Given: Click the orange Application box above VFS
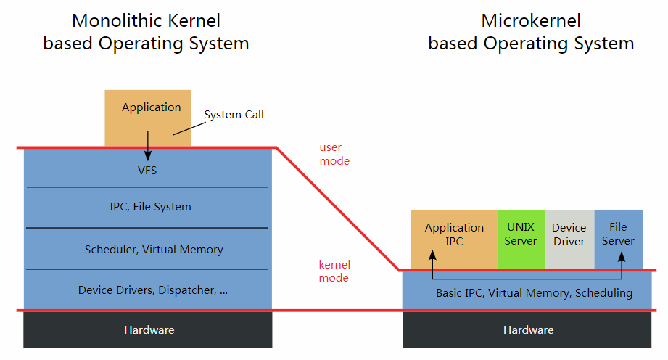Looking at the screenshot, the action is coord(148,118).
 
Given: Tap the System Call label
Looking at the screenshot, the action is coord(234,114).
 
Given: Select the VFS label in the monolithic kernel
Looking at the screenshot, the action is coord(147,170).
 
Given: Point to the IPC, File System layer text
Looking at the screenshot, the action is coord(150,206).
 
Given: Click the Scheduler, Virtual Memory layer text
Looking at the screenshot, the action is coord(154,249).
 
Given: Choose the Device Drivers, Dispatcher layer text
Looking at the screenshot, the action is coord(153,290).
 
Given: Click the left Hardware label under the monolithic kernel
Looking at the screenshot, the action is coord(149,330).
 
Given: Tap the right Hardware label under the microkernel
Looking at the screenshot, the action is coord(528,330).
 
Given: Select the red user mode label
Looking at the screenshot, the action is coord(334,154).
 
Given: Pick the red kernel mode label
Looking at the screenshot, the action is coord(334,271).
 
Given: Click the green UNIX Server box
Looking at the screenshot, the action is coord(521,240).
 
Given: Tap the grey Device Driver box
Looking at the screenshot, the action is coord(569,240).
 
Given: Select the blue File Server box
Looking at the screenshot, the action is coord(618,240).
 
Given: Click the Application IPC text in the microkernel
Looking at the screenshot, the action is coord(454,234).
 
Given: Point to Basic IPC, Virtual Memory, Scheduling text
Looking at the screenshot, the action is coord(534,293).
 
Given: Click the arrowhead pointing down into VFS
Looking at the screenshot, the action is coord(148,156).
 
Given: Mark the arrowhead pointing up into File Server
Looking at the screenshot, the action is coord(622,256).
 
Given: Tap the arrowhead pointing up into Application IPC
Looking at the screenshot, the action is coord(432,255).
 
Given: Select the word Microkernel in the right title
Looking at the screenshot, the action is coord(531,20).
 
